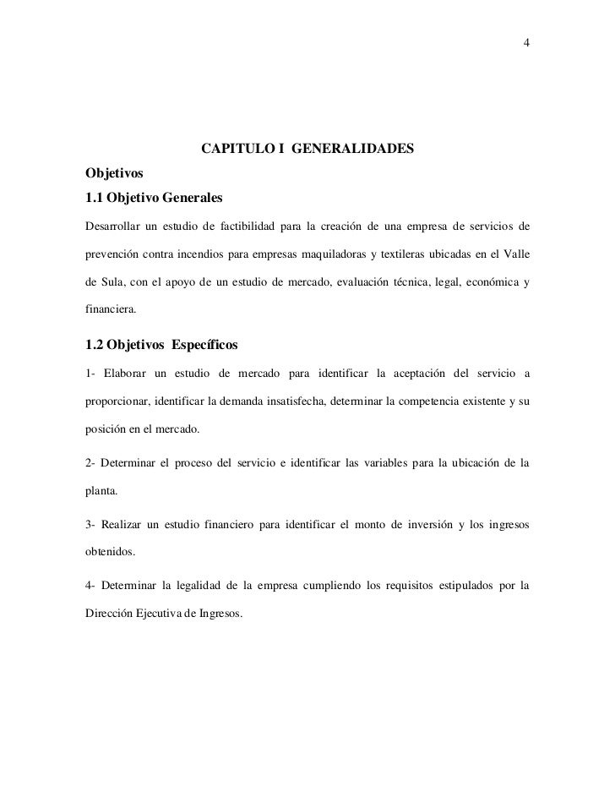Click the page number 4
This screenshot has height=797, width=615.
coord(526,43)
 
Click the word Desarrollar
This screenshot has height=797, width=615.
coord(113,227)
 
